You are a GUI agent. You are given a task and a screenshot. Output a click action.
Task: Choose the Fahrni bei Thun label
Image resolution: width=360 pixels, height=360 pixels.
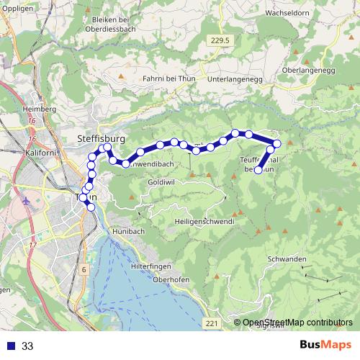(x=169, y=77)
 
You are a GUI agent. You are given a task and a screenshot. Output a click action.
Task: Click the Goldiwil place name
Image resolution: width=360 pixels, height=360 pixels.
(x=163, y=184)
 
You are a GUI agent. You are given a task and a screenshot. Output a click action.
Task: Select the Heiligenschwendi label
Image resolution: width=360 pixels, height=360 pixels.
(x=204, y=222)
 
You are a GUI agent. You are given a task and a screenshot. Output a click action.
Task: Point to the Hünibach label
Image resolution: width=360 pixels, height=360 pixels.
(x=130, y=232)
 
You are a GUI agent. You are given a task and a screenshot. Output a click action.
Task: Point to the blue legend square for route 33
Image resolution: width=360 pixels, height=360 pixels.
(x=9, y=346)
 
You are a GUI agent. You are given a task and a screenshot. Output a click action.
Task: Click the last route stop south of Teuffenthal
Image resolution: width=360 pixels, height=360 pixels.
(x=258, y=171)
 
